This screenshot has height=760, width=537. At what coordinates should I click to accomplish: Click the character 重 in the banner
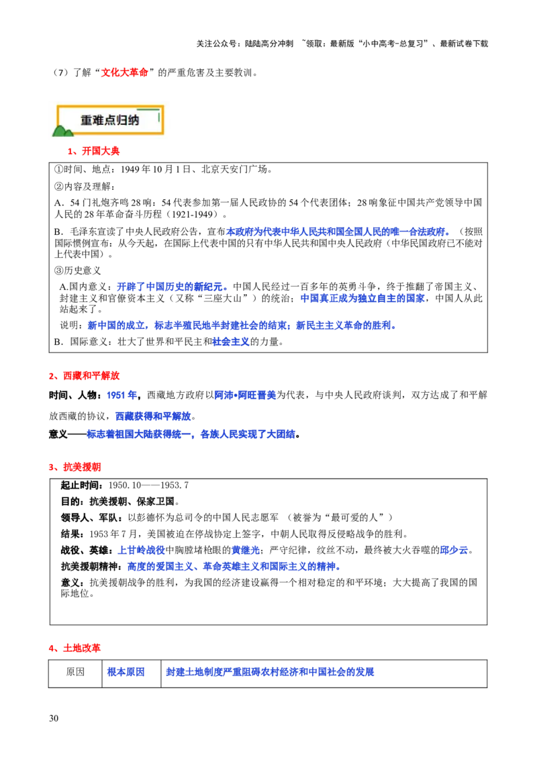[87, 120]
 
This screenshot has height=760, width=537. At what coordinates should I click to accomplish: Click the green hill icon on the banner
[62, 131]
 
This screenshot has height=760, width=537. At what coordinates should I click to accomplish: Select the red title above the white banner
[125, 73]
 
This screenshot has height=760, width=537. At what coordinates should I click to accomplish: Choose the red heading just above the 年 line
[85, 376]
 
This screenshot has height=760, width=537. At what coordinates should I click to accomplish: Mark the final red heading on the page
[75, 649]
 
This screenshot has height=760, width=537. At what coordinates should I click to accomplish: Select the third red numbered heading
[75, 467]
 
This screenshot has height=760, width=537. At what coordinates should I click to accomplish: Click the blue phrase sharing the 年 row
[246, 395]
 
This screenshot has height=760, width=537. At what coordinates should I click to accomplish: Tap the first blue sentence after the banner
[338, 232]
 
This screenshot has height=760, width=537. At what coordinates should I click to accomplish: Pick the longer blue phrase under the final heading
[271, 671]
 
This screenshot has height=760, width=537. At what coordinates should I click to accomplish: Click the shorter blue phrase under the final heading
[131, 671]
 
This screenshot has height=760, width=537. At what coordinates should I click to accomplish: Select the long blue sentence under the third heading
[234, 567]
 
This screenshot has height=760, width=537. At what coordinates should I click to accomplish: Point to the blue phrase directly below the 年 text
[153, 416]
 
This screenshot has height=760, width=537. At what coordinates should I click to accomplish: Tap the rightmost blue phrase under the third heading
[454, 551]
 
